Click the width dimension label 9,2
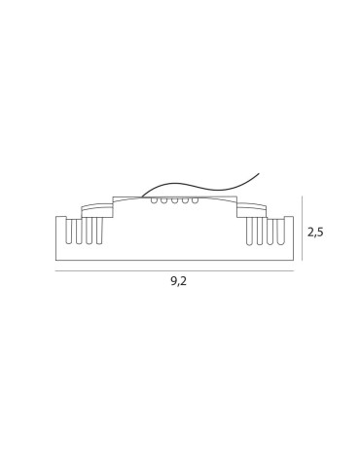pyautogui.click(x=178, y=282)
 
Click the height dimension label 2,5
pyautogui.click(x=316, y=232)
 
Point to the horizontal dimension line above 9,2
pyautogui.click(x=174, y=270)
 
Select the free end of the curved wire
pyautogui.click(x=259, y=174)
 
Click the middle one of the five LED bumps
pyautogui.click(x=174, y=200)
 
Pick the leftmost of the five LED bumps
pyautogui.click(x=154, y=200)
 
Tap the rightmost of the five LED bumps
pyautogui.click(x=196, y=200)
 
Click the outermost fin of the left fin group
pyautogui.click(x=68, y=231)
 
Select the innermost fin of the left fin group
pyautogui.click(x=99, y=231)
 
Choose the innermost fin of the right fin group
pyautogui.click(x=249, y=231)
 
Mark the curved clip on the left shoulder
pyautogui.click(x=96, y=205)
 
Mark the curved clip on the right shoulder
pyautogui.click(x=252, y=205)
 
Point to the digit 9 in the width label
pyautogui.click(x=173, y=282)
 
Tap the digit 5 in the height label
pyautogui.click(x=320, y=232)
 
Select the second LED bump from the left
pyautogui.click(x=163, y=200)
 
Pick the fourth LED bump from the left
pyautogui.click(x=185, y=200)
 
